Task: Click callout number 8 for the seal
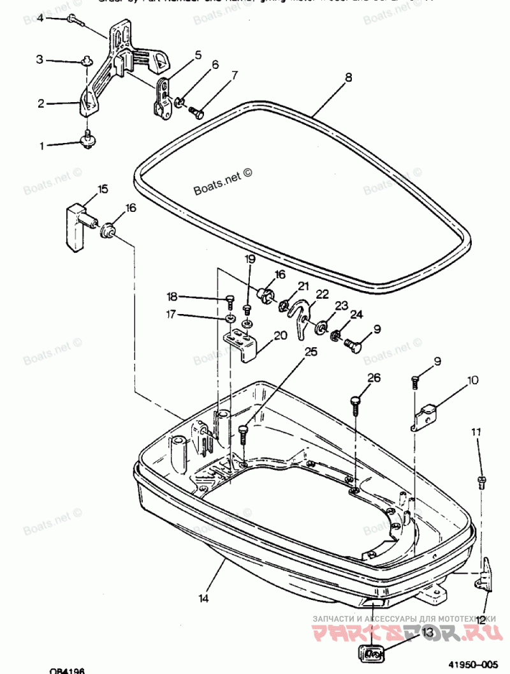tap(348, 79)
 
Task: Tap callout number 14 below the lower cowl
tap(203, 598)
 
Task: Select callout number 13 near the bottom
tap(426, 632)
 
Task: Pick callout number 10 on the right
tap(472, 381)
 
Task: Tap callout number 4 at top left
tap(40, 18)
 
